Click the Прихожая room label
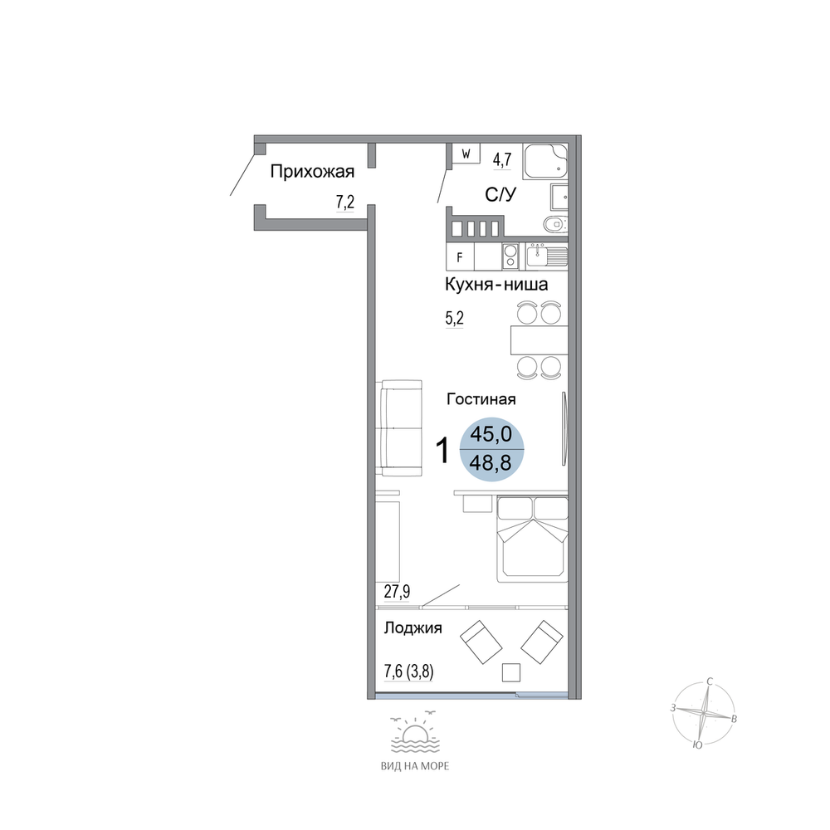(x=312, y=172)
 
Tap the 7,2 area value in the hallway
(x=345, y=202)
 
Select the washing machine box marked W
(x=466, y=154)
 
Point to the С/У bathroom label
(x=500, y=195)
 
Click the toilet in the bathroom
(x=556, y=224)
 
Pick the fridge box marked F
(x=460, y=256)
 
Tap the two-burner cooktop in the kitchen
(x=510, y=256)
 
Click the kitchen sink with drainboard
(x=547, y=256)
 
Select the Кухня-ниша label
(x=496, y=284)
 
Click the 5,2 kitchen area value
(x=454, y=318)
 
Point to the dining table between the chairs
(x=539, y=339)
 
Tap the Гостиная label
(x=481, y=398)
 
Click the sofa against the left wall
(x=400, y=428)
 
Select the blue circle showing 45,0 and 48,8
(x=491, y=449)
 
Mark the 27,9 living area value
(x=397, y=591)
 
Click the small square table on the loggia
(x=511, y=672)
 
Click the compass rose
(x=704, y=714)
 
